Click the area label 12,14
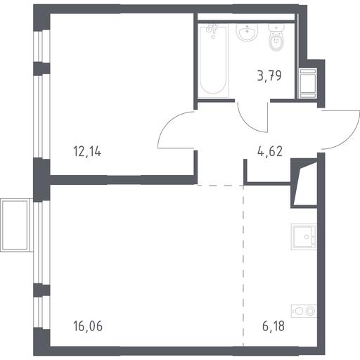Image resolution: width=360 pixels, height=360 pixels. coord(87,151)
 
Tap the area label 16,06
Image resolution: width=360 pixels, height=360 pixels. coord(88,326)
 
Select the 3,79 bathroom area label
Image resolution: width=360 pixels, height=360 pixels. coord(269,75)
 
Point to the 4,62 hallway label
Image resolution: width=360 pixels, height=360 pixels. coord(270,151)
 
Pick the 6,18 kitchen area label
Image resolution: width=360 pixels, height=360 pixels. coord(274,326)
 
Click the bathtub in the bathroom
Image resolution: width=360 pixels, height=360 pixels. coord(213,61)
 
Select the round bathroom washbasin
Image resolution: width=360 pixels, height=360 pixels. coord(247,32)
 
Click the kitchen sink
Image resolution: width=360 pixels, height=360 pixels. coord(304,237)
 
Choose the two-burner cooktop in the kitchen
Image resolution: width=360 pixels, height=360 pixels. coord(304,311)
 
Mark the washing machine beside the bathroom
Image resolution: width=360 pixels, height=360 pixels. coord(307,83)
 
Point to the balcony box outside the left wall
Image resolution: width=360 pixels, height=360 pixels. coord(16,225)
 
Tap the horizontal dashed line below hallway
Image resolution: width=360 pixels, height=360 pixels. coord(220,186)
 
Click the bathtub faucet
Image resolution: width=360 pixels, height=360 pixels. coord(213,30)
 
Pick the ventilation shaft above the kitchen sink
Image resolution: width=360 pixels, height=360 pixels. coord(304,184)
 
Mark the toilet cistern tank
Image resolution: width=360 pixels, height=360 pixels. coord(276,27)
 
